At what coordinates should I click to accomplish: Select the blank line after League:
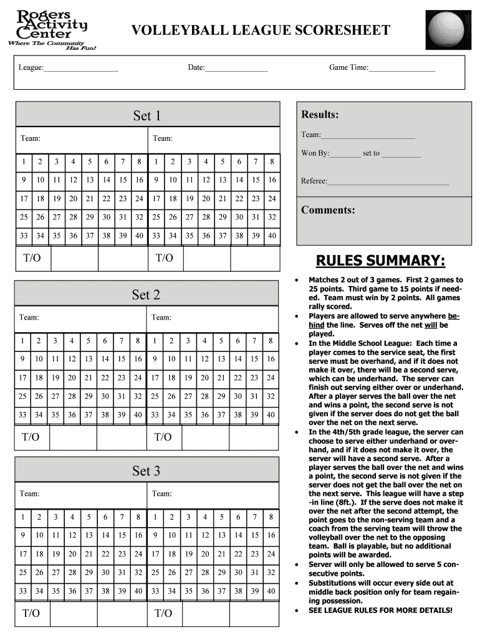click(81, 68)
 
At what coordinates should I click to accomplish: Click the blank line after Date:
click(236, 68)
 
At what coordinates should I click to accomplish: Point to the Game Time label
click(348, 67)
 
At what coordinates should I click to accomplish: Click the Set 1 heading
click(147, 115)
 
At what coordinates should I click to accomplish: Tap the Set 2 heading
click(146, 294)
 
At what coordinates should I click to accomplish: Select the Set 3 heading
click(146, 470)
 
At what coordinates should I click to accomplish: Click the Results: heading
click(320, 115)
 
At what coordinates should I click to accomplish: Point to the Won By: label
click(315, 153)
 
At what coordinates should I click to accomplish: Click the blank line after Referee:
click(388, 182)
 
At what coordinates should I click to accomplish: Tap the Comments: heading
click(328, 210)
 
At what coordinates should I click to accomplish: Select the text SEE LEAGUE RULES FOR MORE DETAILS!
click(381, 610)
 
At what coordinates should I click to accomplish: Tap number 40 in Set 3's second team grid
click(271, 591)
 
